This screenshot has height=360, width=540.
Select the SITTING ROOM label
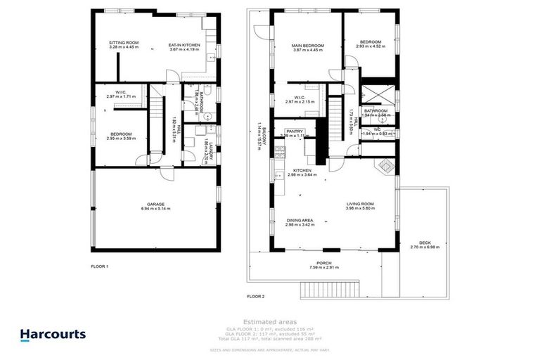point(123,44)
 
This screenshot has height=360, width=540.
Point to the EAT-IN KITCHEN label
point(184,45)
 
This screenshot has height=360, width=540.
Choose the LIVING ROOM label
point(359,204)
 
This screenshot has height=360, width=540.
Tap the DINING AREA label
point(300,221)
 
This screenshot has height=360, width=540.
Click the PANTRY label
point(294,131)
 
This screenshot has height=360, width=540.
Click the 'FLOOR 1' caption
point(100,266)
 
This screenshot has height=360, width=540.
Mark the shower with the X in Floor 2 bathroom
point(375,94)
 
